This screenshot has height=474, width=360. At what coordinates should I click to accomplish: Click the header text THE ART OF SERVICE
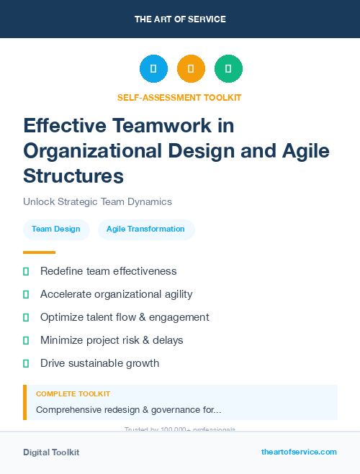point(180,19)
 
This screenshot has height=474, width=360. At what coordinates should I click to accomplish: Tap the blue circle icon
point(153,69)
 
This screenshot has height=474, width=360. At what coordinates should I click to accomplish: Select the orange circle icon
point(191,69)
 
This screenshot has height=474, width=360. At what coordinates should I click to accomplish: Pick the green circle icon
point(228,69)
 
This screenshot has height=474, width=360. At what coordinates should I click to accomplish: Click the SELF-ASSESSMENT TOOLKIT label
point(179,97)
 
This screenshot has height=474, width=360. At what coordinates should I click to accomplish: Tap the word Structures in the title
point(73,176)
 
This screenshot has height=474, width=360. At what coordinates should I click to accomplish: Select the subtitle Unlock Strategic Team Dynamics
point(97,202)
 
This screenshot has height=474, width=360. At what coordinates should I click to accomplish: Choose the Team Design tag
point(56,229)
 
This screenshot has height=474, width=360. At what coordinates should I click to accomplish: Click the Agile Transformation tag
point(145,229)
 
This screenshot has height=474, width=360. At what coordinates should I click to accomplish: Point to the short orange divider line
point(39,252)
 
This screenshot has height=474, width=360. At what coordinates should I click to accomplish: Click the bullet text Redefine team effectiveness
point(108,271)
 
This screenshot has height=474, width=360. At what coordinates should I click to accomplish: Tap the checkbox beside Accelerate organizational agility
point(26,294)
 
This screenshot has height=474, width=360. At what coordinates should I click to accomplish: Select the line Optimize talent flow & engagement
point(125,317)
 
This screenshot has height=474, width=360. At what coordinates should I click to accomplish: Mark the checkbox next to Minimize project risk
point(26,340)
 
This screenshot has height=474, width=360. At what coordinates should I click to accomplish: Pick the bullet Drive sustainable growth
point(99,363)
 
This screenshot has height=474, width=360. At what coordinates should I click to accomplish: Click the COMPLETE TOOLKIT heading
point(73,394)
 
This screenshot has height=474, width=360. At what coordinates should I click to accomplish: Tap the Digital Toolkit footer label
point(51,452)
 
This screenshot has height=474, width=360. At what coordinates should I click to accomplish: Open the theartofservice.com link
point(299,452)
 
